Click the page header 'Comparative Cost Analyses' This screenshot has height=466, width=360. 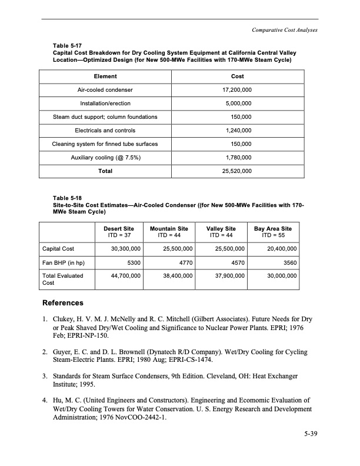[x=284, y=30]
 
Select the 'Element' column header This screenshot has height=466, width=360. [x=105, y=76]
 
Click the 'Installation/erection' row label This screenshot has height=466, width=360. [x=105, y=104]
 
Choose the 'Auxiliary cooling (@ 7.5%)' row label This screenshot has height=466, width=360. [x=105, y=158]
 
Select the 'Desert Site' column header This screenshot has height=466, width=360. [x=119, y=228]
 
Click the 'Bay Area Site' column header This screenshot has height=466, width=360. [x=272, y=228]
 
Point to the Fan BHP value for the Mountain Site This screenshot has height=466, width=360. [x=182, y=262]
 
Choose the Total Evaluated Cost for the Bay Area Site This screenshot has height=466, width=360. [x=278, y=275]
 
